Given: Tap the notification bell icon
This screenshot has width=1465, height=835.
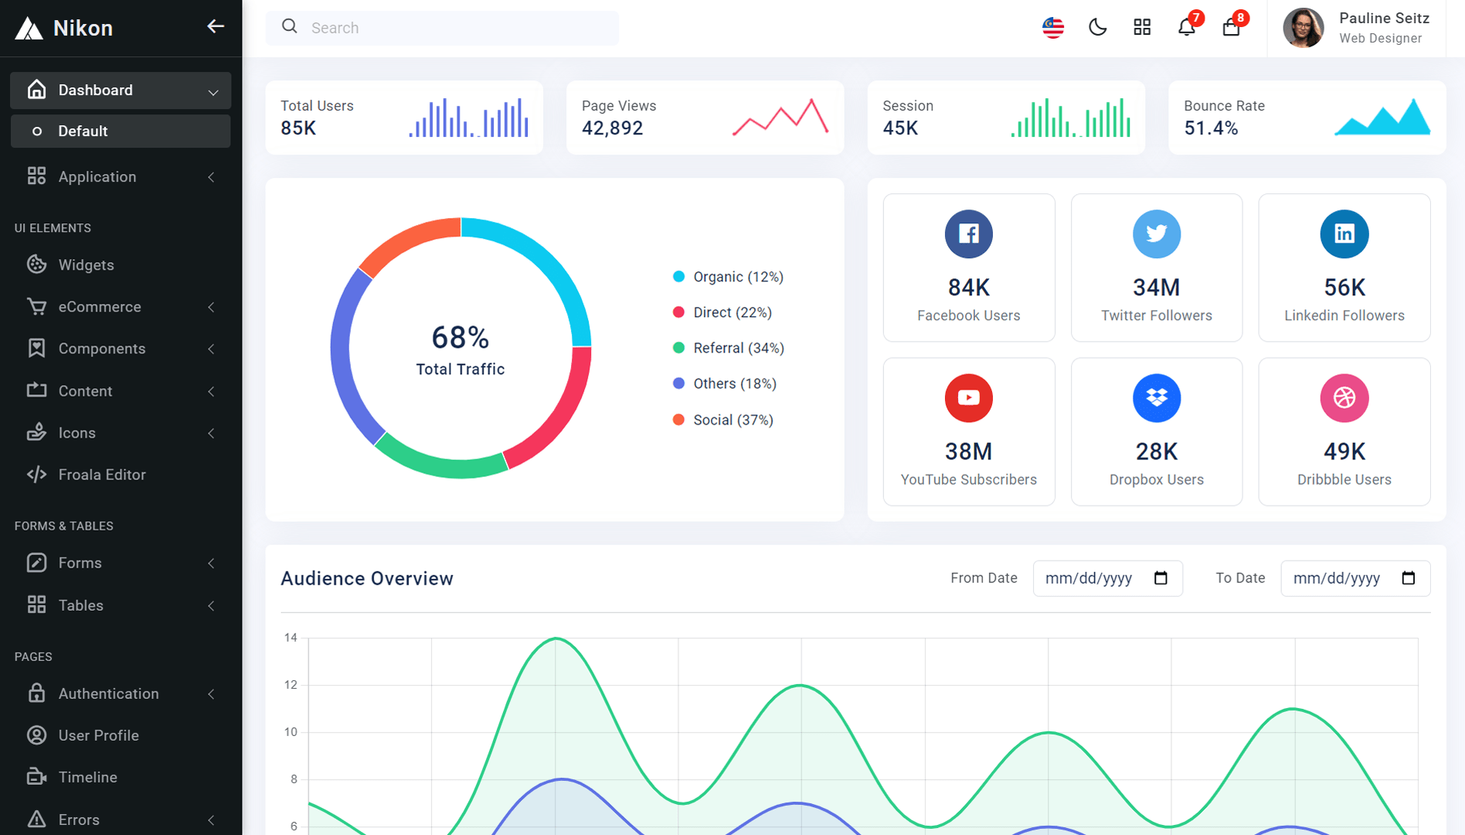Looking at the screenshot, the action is [x=1186, y=28].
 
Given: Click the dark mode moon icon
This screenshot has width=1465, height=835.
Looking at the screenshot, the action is [x=1097, y=28].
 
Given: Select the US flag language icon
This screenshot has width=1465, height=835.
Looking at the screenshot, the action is [x=1053, y=28].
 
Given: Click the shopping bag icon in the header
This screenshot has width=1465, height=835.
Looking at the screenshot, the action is [x=1231, y=28].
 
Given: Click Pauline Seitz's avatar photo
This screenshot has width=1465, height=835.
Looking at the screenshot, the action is [x=1304, y=28].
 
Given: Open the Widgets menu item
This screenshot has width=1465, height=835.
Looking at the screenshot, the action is [x=87, y=265].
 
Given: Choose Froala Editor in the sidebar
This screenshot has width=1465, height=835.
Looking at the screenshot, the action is [x=102, y=475].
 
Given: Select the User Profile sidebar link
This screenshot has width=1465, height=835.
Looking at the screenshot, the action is [x=99, y=735].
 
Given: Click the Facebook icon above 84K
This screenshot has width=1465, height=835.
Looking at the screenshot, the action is [x=968, y=233].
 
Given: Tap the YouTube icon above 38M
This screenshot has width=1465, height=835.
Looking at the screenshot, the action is [x=968, y=397].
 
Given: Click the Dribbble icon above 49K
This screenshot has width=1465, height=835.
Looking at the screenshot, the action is [x=1344, y=397].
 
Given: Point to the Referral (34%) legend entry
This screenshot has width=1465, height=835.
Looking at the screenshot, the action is [x=729, y=348].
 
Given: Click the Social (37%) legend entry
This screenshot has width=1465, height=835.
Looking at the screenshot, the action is [x=723, y=420].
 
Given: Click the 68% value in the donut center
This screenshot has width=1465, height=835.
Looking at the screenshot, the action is [x=460, y=337].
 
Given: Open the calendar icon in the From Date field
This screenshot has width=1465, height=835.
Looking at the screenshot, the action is [x=1161, y=578].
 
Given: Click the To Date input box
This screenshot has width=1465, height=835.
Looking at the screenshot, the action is [x=1355, y=578].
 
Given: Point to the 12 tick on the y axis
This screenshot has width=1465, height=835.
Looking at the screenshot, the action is [x=291, y=685].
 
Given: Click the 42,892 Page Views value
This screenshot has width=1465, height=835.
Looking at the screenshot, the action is [x=612, y=128].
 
